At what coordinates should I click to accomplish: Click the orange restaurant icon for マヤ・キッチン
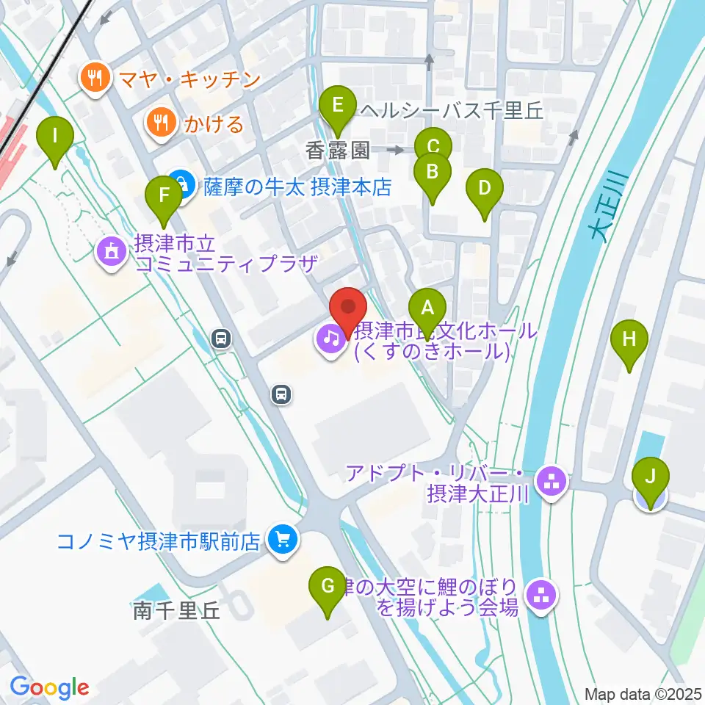click(95, 77)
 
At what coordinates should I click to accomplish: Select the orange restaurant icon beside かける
click(159, 123)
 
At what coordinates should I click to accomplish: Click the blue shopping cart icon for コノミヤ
click(281, 541)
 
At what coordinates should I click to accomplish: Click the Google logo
click(49, 687)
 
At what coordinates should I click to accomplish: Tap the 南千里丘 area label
click(176, 610)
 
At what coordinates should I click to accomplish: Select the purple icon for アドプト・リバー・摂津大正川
click(548, 482)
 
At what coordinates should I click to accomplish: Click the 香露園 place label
click(338, 151)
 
